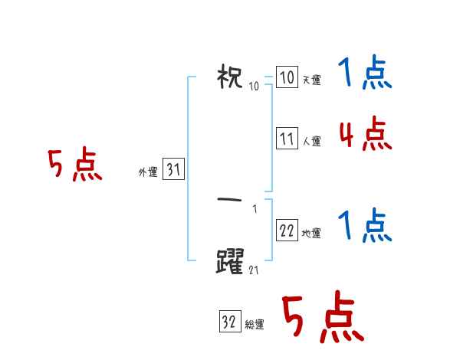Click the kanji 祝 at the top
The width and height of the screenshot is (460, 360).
(230, 77)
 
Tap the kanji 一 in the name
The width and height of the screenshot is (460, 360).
(230, 200)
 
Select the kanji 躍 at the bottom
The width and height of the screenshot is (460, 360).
(230, 261)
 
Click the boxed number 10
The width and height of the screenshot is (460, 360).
(287, 78)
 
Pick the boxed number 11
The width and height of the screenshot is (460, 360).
(287, 139)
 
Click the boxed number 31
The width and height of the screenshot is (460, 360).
(173, 171)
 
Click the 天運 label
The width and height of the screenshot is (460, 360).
(311, 80)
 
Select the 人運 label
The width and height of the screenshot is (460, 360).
(311, 141)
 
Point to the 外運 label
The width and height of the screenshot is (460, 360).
(147, 172)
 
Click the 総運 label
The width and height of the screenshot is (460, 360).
(255, 325)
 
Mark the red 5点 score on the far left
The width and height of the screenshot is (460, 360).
(74, 165)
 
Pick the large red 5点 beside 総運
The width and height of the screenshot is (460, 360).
(323, 318)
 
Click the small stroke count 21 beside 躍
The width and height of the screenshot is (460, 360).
(254, 270)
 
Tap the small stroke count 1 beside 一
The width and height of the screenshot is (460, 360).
(255, 209)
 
